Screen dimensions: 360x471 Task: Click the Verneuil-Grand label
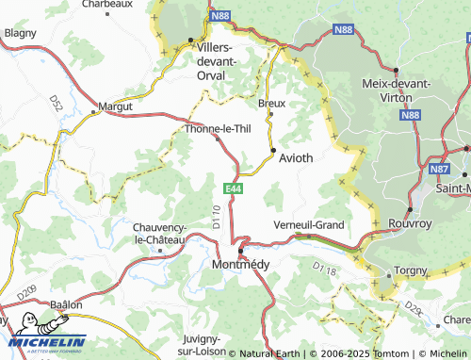coord(308,225)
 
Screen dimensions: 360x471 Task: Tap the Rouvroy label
coord(410,225)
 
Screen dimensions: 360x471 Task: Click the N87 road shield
coord(438,170)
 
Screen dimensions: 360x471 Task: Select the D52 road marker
coord(56,102)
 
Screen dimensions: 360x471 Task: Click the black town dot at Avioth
coord(274,150)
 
